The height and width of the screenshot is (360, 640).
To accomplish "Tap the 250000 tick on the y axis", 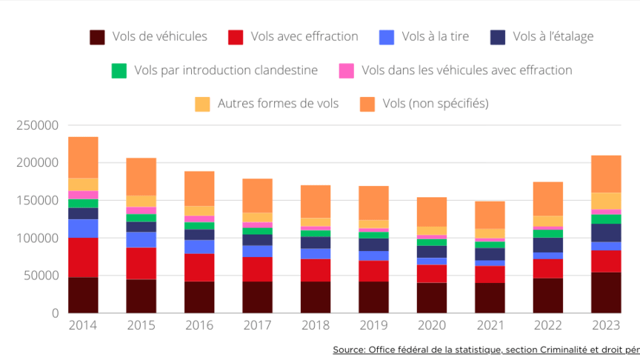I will click(36, 126).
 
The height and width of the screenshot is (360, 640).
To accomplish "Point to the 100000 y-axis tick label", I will click(36, 239).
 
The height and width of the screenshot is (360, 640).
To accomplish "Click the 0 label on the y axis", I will click(54, 313).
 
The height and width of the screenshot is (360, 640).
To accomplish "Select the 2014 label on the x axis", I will click(83, 326).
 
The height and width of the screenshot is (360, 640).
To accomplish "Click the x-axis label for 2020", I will click(432, 326).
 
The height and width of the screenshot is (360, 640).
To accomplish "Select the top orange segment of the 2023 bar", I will click(606, 174).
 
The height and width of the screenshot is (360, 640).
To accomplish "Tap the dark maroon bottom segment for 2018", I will click(316, 297).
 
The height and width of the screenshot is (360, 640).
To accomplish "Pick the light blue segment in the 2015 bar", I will click(141, 240).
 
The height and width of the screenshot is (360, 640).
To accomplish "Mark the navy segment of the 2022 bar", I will click(548, 245).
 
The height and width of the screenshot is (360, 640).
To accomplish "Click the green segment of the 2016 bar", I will click(199, 226).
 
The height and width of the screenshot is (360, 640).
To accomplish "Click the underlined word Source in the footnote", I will click(352, 349).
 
